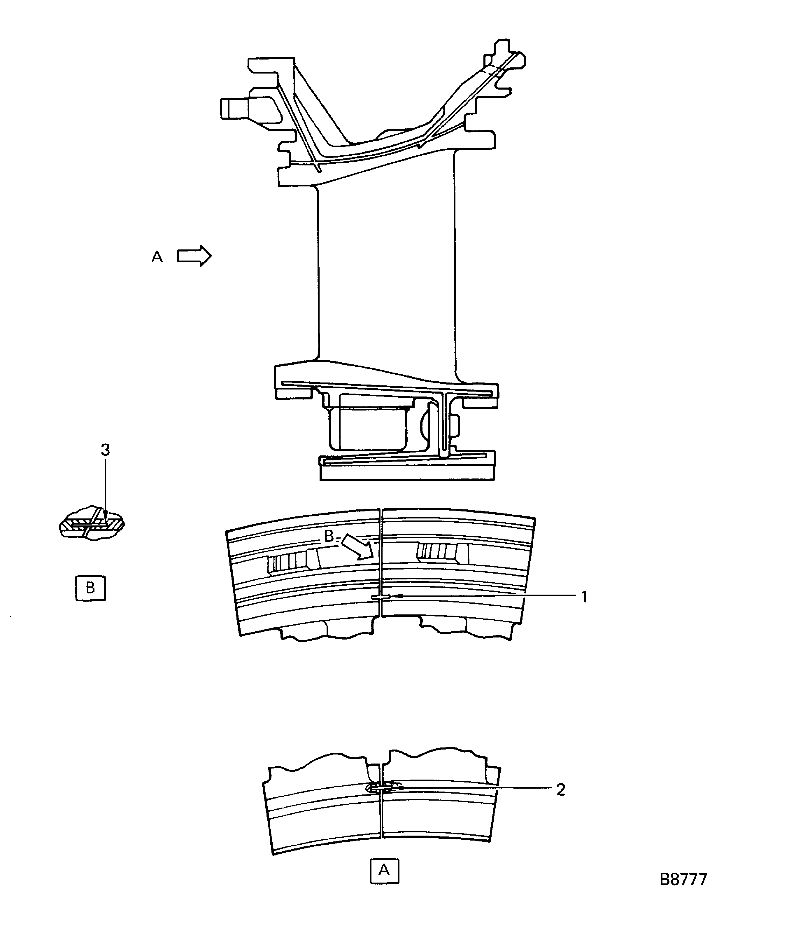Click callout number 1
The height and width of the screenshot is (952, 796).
[584, 597]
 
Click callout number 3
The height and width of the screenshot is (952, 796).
[105, 450]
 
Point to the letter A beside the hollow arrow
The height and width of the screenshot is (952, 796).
[157, 257]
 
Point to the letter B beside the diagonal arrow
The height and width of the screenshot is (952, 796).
[328, 536]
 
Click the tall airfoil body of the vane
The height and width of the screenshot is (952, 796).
[386, 272]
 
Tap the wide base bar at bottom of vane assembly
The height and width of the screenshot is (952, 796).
[407, 473]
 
